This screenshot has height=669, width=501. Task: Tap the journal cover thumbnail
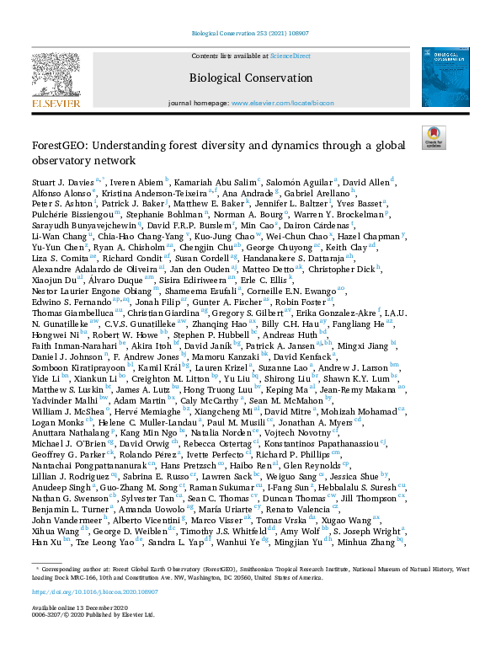point(445,77)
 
